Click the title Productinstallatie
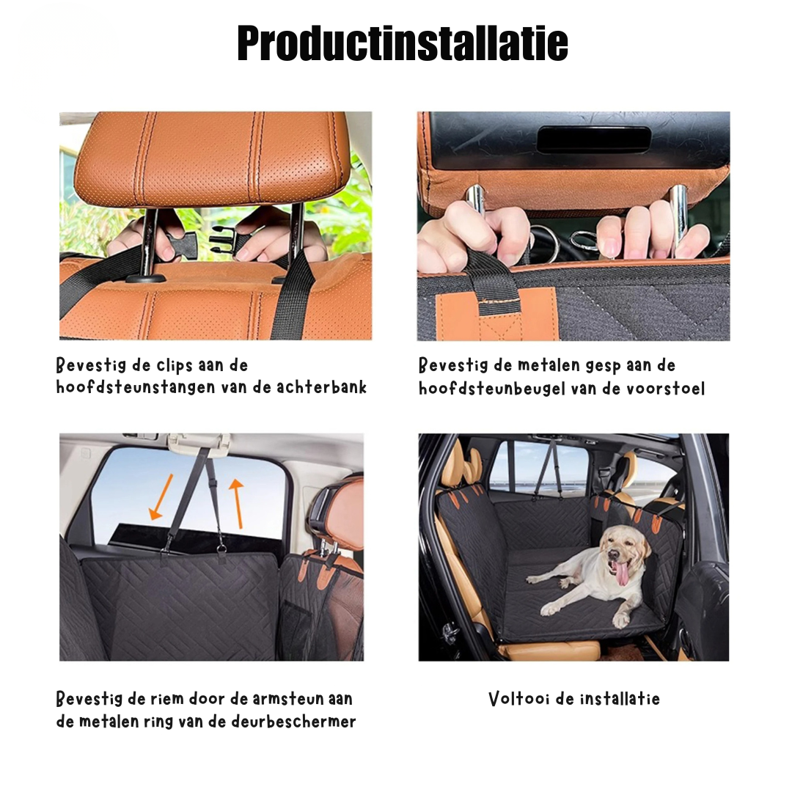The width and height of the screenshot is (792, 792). click(403, 44)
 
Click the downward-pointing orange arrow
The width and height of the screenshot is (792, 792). click(161, 497)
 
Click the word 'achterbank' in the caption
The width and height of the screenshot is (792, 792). click(322, 387)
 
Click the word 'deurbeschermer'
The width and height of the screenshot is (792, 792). click(293, 722)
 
